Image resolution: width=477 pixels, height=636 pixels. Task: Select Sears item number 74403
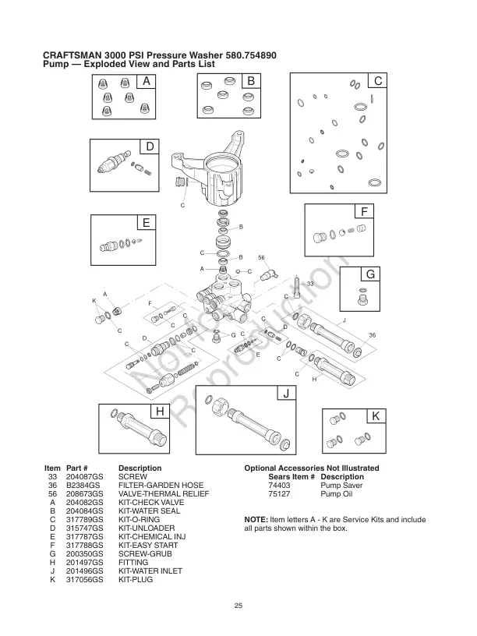278,484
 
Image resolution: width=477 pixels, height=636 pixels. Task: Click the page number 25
238,604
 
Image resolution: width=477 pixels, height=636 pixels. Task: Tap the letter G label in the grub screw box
371,274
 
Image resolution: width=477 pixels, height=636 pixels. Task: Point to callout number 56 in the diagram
262,256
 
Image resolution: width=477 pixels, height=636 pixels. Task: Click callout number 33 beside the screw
309,284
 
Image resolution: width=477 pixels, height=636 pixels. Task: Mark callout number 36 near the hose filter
372,334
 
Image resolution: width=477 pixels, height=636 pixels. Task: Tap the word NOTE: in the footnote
258,519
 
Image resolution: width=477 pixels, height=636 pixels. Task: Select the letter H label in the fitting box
159,412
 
